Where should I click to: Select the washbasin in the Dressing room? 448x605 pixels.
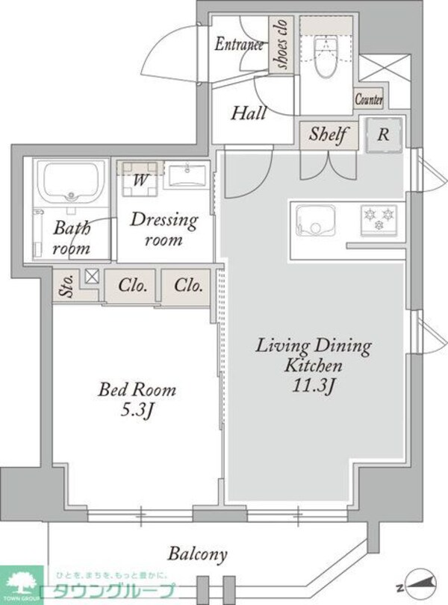click(187, 176)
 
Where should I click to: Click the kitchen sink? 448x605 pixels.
click(315, 220)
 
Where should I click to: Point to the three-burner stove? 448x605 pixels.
click(379, 220)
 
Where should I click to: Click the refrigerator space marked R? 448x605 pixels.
click(384, 135)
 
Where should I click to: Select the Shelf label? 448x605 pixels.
click(328, 134)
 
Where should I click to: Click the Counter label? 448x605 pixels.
click(369, 99)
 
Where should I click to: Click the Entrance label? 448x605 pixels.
click(240, 43)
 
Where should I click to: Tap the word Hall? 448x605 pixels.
click(249, 113)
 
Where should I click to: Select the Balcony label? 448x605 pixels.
click(197, 554)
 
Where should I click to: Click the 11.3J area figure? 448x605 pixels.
click(313, 386)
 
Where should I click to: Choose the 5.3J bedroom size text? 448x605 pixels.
click(137, 410)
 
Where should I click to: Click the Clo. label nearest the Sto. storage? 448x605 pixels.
click(132, 286)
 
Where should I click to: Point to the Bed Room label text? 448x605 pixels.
click(137, 389)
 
